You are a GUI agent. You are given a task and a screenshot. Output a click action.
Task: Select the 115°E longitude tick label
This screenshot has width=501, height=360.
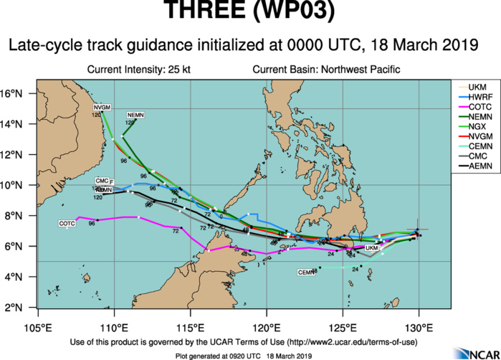point(190,318)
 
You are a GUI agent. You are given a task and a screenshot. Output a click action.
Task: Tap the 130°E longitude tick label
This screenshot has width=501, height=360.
point(419,318)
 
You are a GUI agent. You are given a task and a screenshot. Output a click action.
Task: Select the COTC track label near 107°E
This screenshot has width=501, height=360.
point(67,224)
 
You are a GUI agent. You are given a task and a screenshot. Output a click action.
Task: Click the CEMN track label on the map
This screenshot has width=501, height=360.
point(307,272)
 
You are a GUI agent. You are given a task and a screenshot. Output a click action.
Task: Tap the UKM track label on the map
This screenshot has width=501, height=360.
point(371,248)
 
